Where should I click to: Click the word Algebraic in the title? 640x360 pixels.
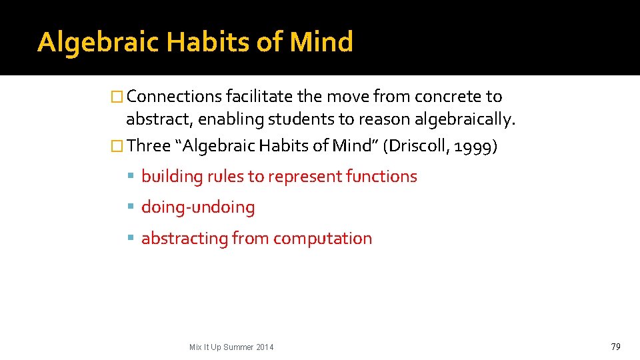(99, 43)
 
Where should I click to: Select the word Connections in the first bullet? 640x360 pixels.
(174, 97)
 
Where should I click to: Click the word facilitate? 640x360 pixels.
(260, 97)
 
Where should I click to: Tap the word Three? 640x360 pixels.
(148, 145)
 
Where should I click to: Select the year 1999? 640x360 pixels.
(474, 145)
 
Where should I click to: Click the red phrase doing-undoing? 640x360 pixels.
(198, 207)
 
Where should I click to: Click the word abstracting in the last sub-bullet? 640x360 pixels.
(184, 238)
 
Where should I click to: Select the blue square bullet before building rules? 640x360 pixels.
(131, 177)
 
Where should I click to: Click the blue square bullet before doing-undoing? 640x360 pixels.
(131, 207)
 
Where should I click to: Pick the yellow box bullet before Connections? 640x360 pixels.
(118, 97)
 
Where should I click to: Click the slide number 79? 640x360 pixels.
(615, 346)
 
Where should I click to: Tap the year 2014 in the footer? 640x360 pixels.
(264, 347)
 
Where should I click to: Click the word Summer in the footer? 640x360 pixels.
(237, 347)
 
